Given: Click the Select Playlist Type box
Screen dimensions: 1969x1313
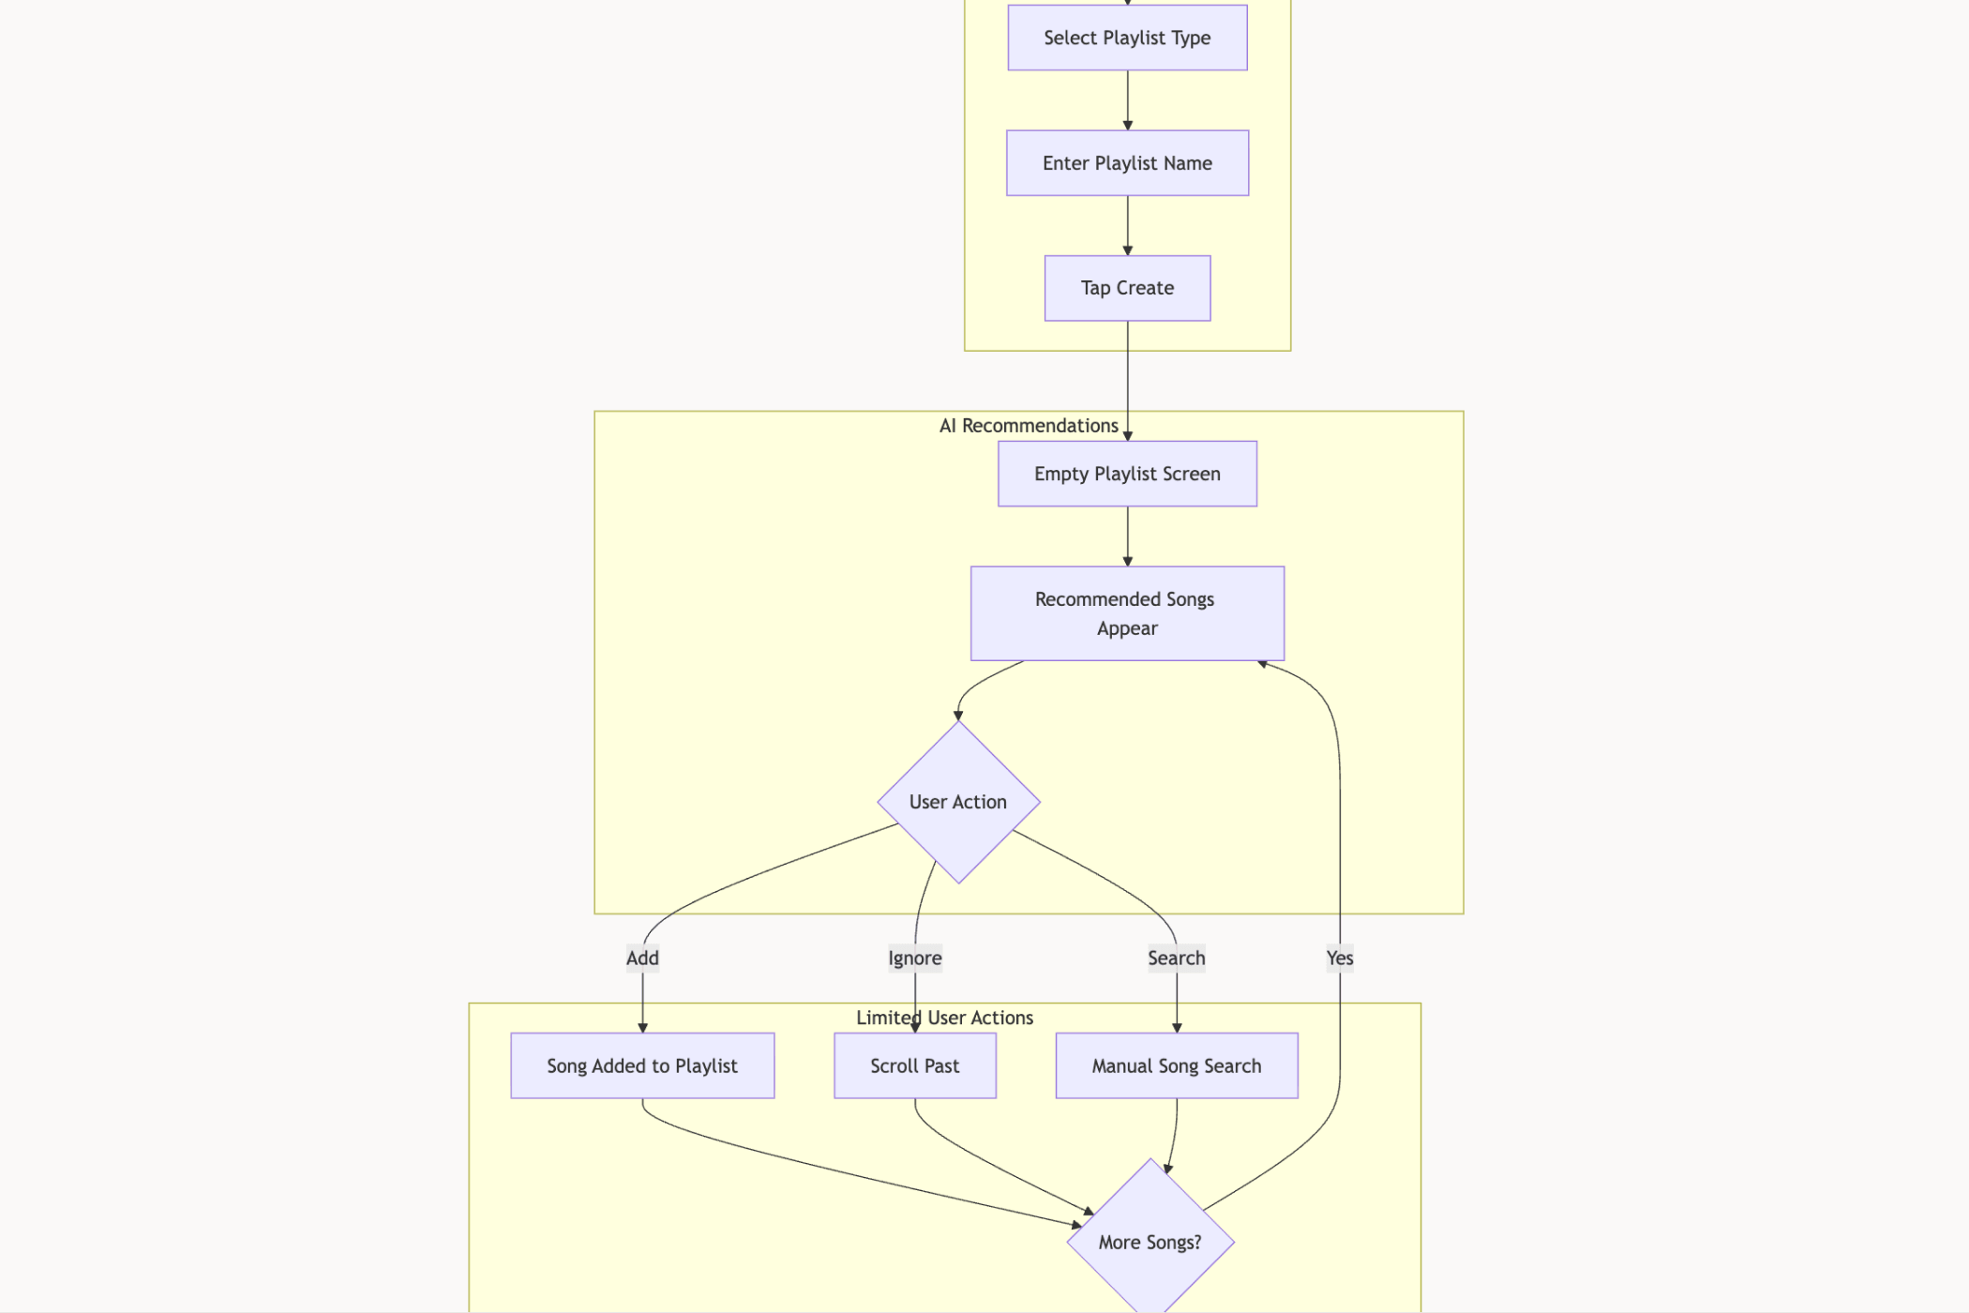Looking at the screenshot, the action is tap(1127, 38).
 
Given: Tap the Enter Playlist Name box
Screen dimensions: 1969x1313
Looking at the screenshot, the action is tap(1127, 163).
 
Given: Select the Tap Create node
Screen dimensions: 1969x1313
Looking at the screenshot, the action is tap(1127, 288).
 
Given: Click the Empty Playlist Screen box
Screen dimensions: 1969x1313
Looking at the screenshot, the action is tap(1127, 474).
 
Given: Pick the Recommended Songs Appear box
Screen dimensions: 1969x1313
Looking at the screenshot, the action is tap(1127, 613).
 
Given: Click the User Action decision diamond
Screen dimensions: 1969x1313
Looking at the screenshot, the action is tap(958, 802).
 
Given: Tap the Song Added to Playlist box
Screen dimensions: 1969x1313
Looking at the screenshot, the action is tap(642, 1065).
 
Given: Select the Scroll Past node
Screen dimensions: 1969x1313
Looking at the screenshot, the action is tap(915, 1065).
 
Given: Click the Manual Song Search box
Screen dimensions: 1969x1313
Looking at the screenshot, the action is tap(1177, 1065).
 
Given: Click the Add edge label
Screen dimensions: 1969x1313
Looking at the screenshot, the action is tap(642, 958).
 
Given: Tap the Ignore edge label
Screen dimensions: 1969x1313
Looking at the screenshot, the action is tap(915, 958).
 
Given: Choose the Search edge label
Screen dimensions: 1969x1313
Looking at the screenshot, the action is tap(1177, 958).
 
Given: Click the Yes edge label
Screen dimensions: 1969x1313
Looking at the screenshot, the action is tap(1340, 958).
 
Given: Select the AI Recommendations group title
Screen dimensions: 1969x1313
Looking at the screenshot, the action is tap(1029, 426).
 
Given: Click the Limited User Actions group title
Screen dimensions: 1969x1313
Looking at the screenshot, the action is tap(944, 1018).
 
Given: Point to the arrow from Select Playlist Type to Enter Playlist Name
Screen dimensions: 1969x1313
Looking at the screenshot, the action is tap(1127, 100).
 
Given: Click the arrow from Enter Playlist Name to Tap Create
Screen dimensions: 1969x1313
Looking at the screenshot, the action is tap(1127, 226).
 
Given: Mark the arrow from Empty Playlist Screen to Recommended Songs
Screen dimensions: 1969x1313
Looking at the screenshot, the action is tap(1127, 536).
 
